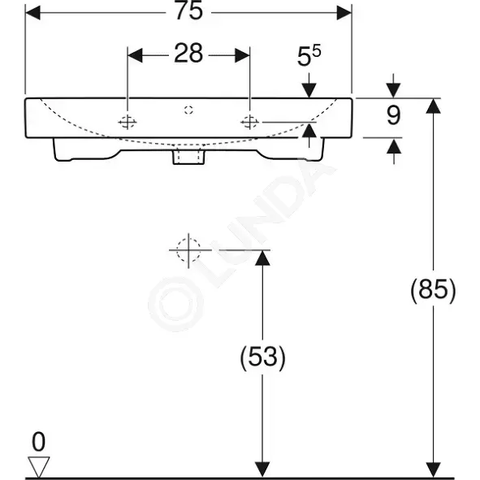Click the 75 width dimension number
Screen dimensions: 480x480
pos(189,11)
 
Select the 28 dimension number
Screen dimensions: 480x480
pos(188,54)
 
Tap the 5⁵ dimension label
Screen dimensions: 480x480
pos(309,56)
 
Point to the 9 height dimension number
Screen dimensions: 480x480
pos(393,115)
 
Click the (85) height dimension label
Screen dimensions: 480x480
pos(433,290)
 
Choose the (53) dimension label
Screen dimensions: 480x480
pos(262,357)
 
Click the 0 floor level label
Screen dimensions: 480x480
pos(38,442)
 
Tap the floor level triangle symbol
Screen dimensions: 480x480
pos(38,466)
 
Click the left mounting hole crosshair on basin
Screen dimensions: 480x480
pos(128,122)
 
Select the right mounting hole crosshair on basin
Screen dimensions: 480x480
pos(250,122)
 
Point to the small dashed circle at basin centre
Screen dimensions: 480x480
pos(189,110)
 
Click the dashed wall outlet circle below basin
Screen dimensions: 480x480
pos(188,250)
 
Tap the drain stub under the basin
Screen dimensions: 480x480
pos(188,156)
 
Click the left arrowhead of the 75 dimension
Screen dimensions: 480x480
pos(32,13)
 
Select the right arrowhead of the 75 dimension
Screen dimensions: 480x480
pos(344,13)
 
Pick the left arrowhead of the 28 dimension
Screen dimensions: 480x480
pos(135,55)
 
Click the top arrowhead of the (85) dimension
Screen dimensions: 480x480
pos(433,106)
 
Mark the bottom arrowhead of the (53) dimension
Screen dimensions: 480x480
pos(262,469)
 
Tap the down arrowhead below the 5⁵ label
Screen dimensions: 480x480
pos(309,91)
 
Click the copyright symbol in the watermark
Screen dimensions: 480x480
pos(175,304)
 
